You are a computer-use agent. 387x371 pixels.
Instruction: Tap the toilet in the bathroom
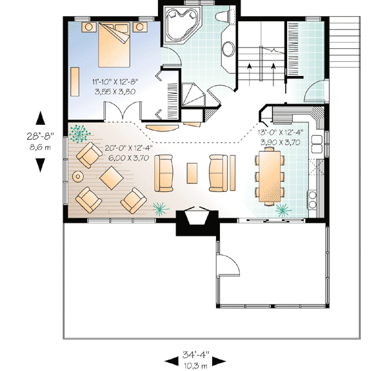pos(223,19)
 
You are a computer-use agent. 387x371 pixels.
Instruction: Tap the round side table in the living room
pos(79,176)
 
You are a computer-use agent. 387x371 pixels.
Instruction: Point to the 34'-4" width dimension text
pos(195,354)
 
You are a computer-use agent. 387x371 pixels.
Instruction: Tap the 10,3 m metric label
pos(195,364)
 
